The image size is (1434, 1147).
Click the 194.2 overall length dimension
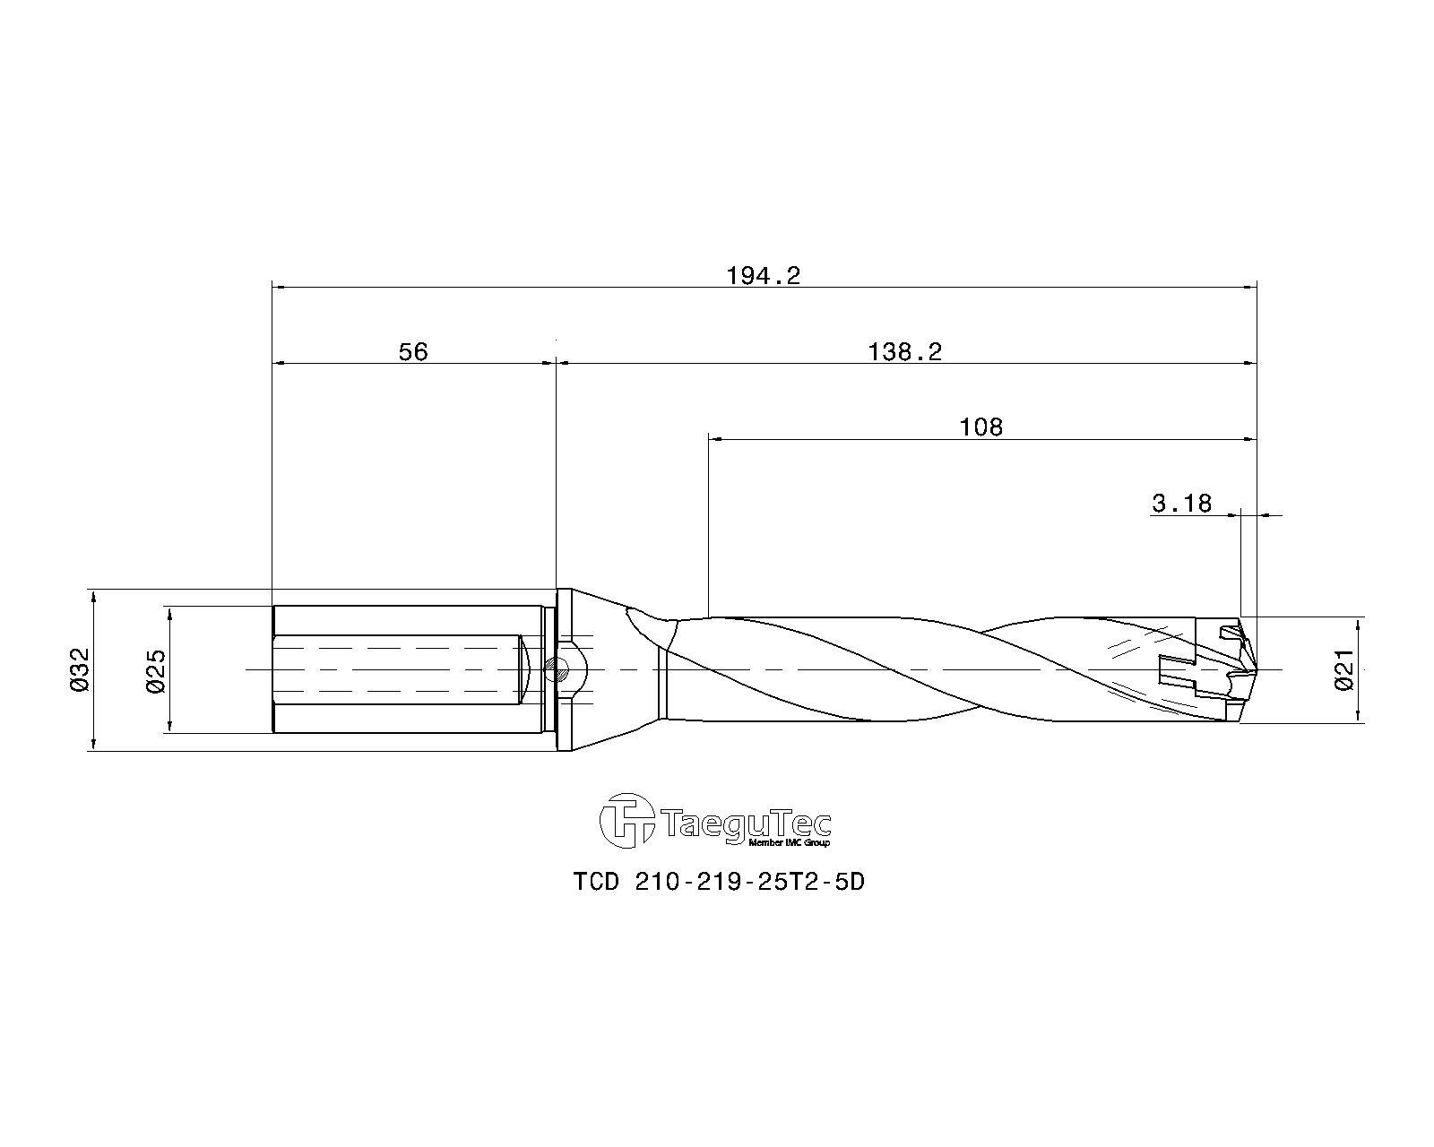point(763,275)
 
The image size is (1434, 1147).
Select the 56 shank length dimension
point(413,351)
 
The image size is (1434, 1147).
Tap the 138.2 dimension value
point(905,351)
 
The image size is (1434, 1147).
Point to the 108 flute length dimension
point(980,427)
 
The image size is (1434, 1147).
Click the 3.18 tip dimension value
point(1181,504)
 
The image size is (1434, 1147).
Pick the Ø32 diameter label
point(79,669)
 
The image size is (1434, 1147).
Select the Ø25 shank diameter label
point(155,669)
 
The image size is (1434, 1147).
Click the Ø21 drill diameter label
point(1344,669)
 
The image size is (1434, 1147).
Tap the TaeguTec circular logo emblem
point(626,821)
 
